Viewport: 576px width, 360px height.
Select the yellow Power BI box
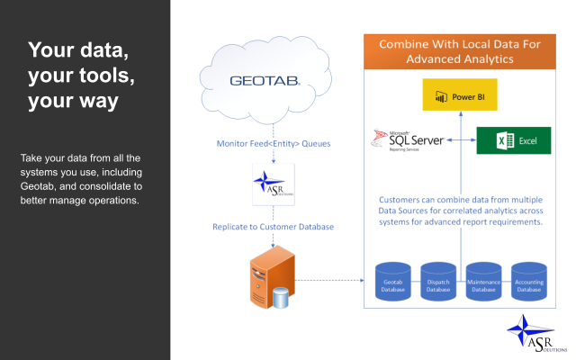tap(460, 94)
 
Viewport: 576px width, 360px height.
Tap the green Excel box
tap(513, 140)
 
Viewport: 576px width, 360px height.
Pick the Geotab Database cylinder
tap(391, 281)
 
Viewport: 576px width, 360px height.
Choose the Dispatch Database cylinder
tap(436, 281)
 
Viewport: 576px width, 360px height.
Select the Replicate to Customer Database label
tap(273, 226)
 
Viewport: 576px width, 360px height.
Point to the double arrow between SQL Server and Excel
tap(463, 140)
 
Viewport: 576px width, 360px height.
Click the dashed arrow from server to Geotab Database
tap(333, 279)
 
